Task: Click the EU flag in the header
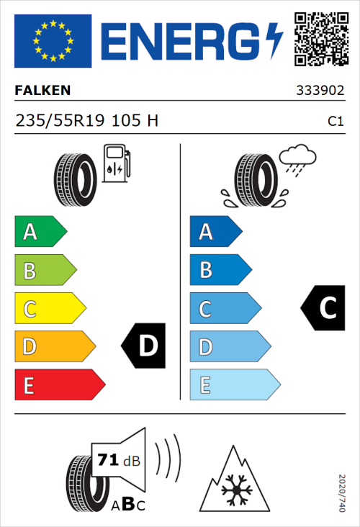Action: point(53,38)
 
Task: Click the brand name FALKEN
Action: point(43,91)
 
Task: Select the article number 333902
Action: point(320,91)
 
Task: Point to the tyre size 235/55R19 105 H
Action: point(86,121)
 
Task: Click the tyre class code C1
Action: point(335,122)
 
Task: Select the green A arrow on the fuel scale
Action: point(40,232)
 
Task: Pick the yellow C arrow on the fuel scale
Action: point(49,309)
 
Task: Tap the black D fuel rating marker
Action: point(144,346)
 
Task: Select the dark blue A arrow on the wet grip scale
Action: point(215,232)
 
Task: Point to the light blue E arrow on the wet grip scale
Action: point(233,385)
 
